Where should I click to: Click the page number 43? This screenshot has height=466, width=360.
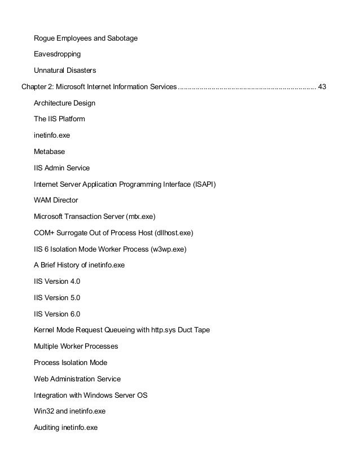322,87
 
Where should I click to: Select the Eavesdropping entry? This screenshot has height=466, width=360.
57,55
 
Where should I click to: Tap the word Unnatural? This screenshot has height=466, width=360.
49,71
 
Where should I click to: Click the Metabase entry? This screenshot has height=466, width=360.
49,152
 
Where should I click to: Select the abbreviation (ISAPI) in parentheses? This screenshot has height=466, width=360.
201,184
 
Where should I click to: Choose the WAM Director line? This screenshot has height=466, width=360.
56,200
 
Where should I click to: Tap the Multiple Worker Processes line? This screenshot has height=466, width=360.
76,346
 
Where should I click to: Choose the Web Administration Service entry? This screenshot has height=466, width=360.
77,379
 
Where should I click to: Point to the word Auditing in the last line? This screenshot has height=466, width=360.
47,428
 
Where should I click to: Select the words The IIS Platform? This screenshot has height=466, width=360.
59,120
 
